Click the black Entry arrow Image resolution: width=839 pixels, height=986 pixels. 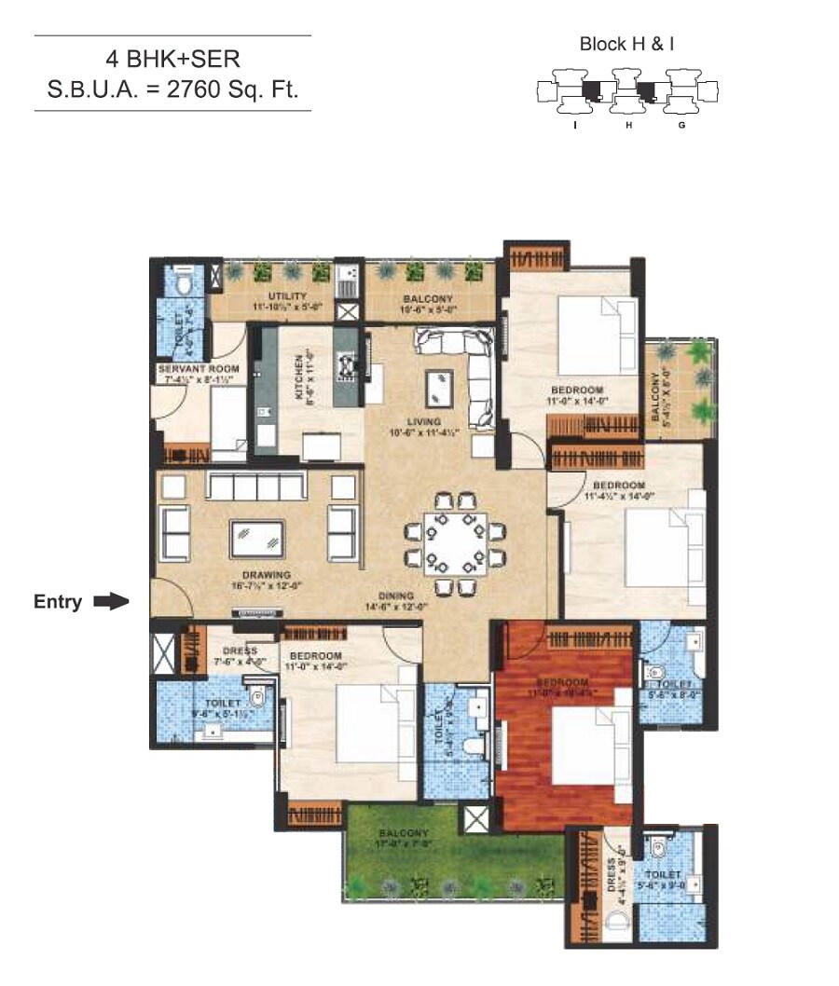(111, 602)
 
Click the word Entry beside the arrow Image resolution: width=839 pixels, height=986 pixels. (58, 602)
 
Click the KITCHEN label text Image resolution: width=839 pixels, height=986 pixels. (298, 377)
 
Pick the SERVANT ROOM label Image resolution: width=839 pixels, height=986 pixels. (198, 369)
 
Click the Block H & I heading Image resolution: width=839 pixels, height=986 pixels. (623, 44)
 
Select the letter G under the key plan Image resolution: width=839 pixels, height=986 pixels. (682, 123)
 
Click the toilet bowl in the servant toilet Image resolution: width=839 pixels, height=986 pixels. (184, 279)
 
